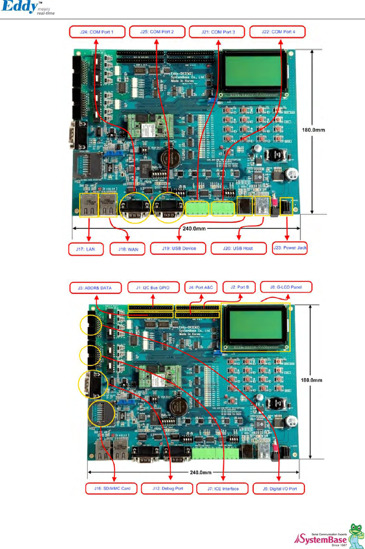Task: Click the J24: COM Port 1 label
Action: [97, 32]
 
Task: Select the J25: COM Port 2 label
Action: [157, 32]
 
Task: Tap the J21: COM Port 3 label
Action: [217, 32]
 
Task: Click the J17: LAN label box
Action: [86, 249]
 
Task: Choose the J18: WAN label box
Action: [128, 249]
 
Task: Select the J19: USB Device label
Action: [179, 249]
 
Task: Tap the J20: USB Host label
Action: [238, 249]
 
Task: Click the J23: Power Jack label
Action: [290, 248]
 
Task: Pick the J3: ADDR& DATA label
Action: [95, 288]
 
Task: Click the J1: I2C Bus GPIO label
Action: [153, 288]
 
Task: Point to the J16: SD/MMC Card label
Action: [112, 488]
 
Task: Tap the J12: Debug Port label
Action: [168, 488]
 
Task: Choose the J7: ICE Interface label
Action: [223, 489]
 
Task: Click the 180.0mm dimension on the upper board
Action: [313, 130]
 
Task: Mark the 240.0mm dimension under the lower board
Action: [200, 472]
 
